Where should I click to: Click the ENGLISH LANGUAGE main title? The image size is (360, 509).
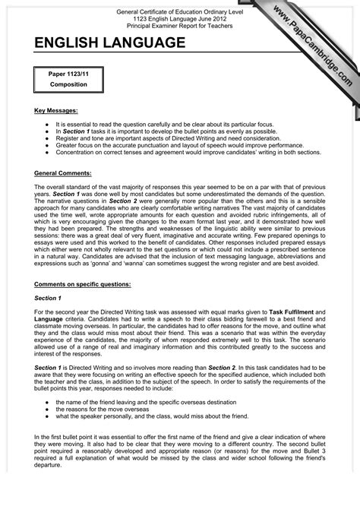(109, 43)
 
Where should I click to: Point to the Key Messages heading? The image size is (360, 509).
(56, 110)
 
